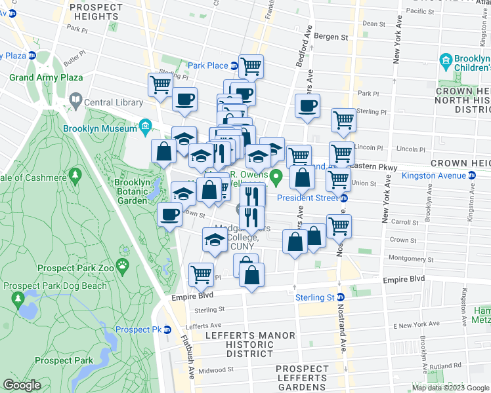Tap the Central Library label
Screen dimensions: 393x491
click(x=114, y=102)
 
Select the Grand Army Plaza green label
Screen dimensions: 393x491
click(x=46, y=77)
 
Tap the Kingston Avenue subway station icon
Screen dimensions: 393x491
click(x=471, y=176)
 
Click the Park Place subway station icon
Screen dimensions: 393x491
click(x=234, y=65)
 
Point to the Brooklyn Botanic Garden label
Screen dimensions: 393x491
click(x=131, y=191)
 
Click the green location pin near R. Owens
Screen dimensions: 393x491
click(x=276, y=176)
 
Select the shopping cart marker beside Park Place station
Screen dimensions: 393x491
click(x=251, y=66)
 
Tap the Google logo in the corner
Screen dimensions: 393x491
click(x=21, y=384)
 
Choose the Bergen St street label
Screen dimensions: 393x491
click(x=330, y=37)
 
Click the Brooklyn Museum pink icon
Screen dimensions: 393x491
click(x=146, y=126)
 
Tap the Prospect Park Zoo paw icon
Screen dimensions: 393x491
click(x=123, y=265)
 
